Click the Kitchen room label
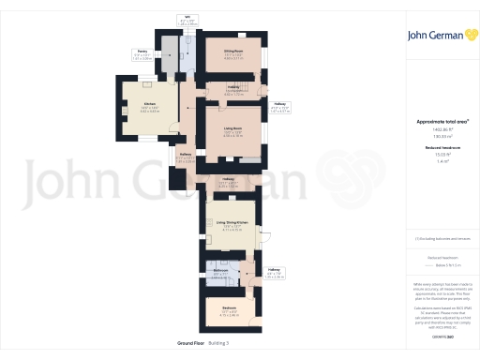click(149, 105)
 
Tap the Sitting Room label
click(233, 51)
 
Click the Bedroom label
click(229, 307)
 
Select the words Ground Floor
click(190, 343)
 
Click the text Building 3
click(218, 343)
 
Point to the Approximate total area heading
click(441, 122)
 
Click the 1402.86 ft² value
click(441, 129)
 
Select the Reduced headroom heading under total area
click(441, 149)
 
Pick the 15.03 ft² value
click(441, 156)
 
